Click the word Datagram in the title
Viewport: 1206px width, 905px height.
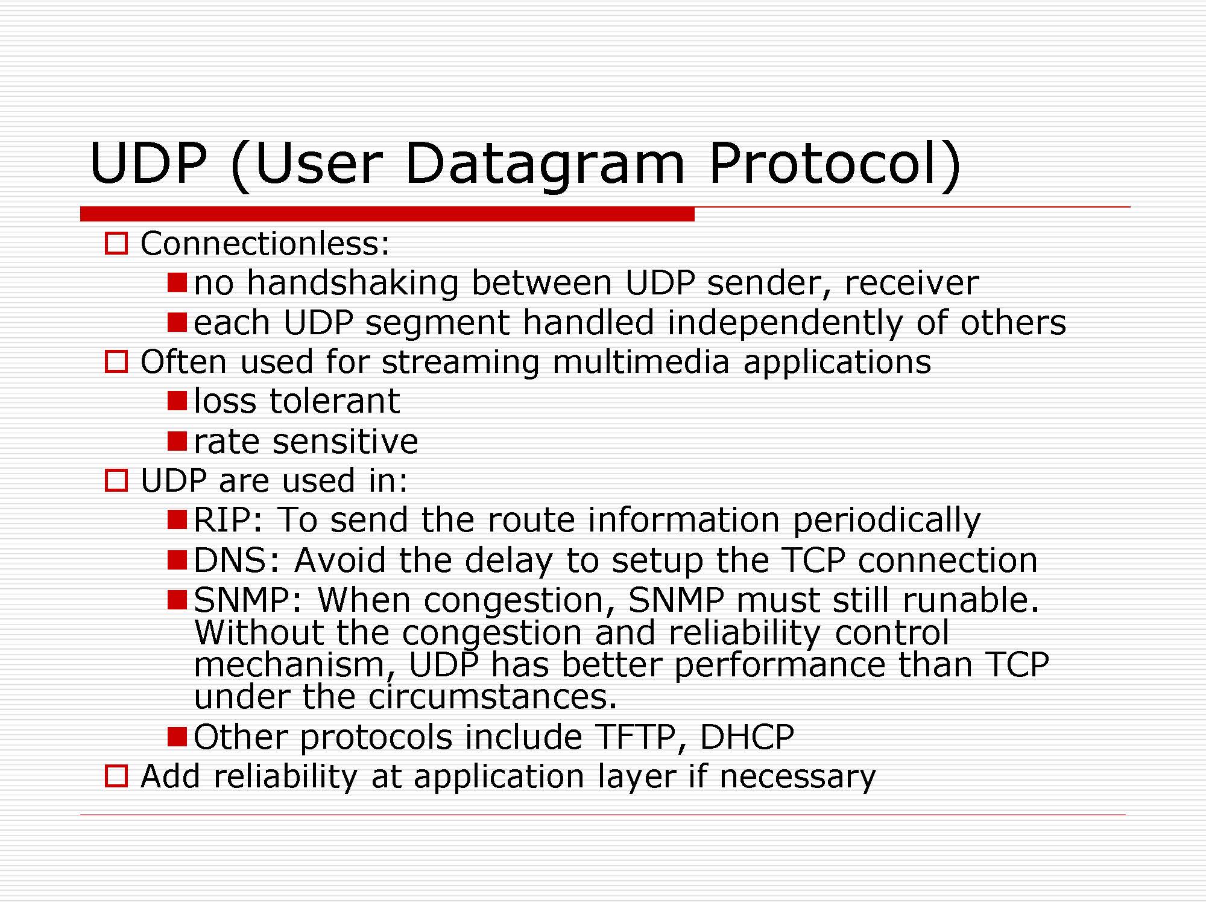[x=545, y=165]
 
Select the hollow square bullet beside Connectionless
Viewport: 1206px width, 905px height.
[x=116, y=244]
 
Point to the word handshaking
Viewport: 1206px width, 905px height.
[x=353, y=283]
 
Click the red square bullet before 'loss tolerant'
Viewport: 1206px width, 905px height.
[x=177, y=401]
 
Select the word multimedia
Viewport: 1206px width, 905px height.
[x=640, y=361]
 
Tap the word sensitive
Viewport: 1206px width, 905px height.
[x=345, y=441]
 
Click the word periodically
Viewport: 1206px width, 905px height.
[x=886, y=521]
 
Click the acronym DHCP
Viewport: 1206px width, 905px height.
[x=747, y=737]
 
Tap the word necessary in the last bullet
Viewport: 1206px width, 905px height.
[x=797, y=777]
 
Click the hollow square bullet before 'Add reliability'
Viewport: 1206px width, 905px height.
[x=116, y=776]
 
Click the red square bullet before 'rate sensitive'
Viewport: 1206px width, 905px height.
[x=177, y=441]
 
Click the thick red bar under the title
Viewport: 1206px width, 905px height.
[x=387, y=214]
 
